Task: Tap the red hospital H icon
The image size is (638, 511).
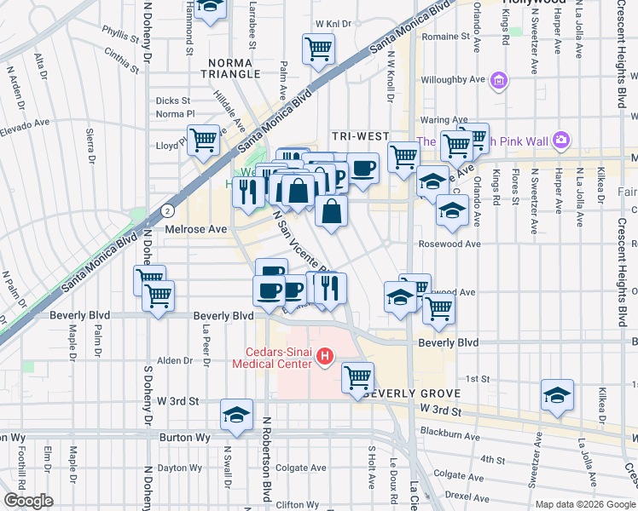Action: (x=324, y=357)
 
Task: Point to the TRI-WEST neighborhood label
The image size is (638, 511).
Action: (x=360, y=136)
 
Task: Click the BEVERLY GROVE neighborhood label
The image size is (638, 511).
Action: (x=412, y=394)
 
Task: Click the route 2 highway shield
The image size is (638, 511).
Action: (x=167, y=210)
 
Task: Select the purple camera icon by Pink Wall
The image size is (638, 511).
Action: (x=560, y=139)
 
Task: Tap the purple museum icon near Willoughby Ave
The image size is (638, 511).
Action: (x=499, y=82)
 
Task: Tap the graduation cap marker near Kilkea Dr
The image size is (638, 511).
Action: (x=557, y=395)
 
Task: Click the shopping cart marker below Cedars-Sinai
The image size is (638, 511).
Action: (x=357, y=376)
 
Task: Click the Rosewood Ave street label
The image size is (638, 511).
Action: (x=449, y=244)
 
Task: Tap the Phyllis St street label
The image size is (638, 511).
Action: (x=120, y=37)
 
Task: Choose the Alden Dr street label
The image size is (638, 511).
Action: (x=175, y=361)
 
